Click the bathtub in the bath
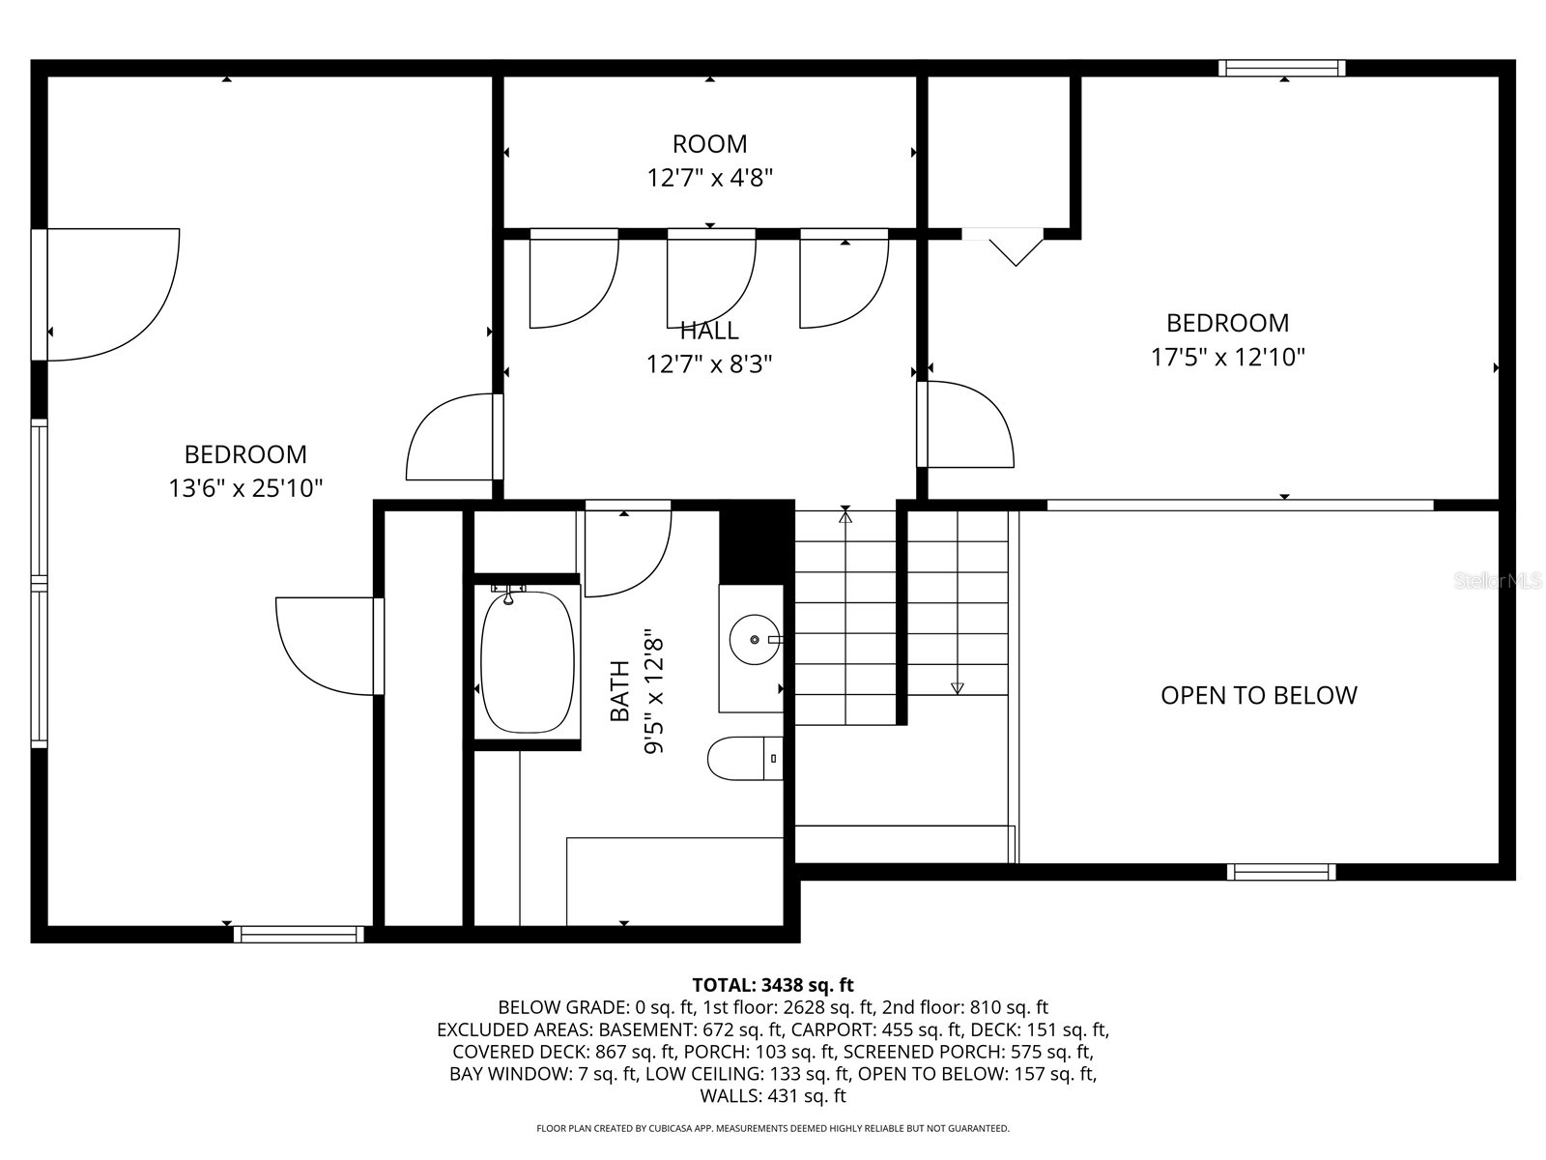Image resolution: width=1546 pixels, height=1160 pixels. coord(527,662)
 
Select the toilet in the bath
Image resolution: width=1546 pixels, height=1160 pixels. coord(744,759)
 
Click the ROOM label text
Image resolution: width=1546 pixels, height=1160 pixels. coord(709,144)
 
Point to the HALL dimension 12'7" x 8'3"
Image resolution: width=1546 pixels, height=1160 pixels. coord(709,364)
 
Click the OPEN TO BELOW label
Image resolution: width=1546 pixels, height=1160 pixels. coord(1258,695)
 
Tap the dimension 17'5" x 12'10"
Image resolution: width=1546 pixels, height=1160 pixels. coord(1227,358)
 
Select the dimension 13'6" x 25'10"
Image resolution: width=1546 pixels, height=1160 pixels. coord(245,488)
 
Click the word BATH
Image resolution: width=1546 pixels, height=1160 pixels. coord(619,691)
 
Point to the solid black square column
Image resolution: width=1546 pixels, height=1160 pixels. coord(756,542)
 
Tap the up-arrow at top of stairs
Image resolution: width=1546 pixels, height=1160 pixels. coord(845,517)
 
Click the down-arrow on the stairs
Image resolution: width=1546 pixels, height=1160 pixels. coord(957,687)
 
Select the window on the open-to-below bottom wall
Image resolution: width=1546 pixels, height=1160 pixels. coord(1280,872)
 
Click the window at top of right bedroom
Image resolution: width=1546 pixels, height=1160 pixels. coord(1281,68)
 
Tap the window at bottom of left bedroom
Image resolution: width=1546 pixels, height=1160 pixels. coord(299,934)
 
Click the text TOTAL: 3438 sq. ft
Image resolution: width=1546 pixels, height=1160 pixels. coord(772,985)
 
